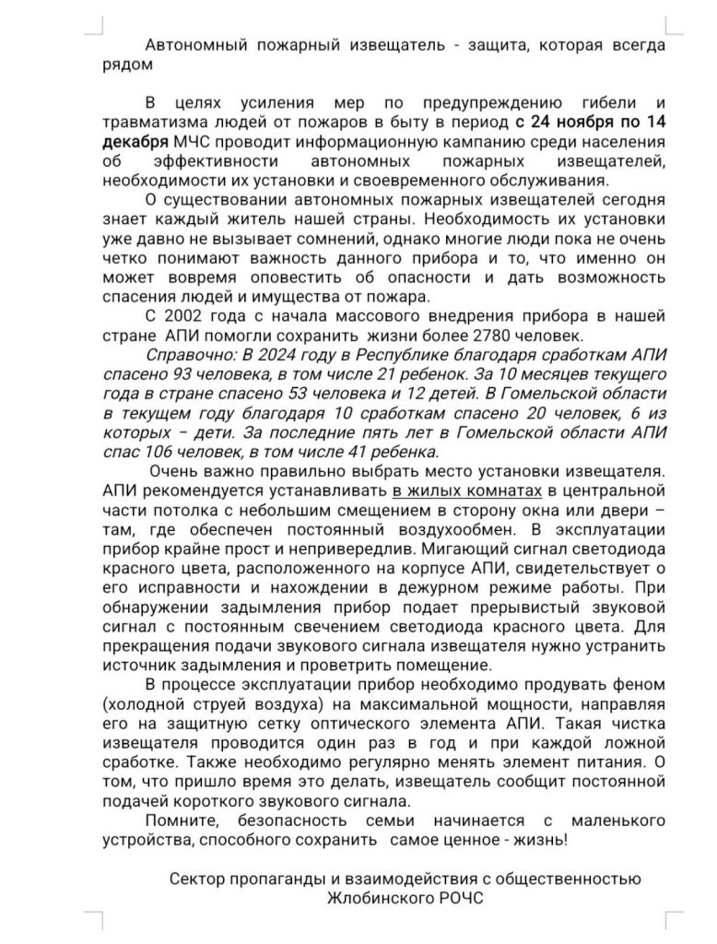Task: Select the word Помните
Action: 182,820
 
